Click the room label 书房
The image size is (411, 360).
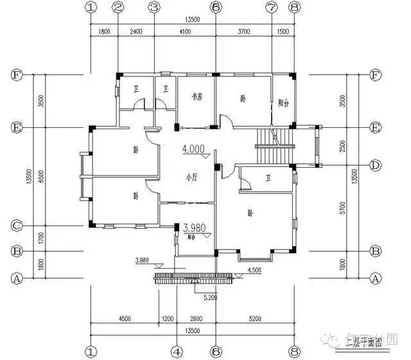[197, 98]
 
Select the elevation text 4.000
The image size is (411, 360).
[193, 149]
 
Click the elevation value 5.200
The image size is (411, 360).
[208, 298]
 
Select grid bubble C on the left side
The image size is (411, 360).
[17, 226]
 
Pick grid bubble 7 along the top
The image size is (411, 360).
[272, 8]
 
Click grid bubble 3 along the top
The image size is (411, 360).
[153, 8]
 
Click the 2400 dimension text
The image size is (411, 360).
[136, 31]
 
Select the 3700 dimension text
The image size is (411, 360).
[243, 31]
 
